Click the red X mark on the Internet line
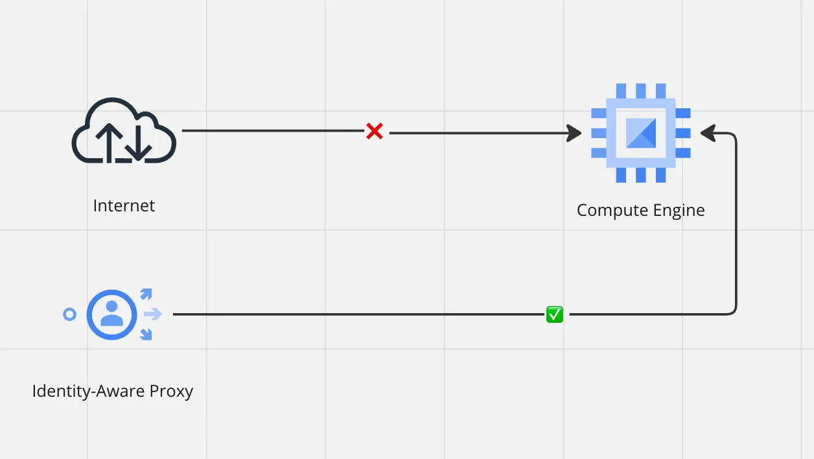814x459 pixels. pos(375,131)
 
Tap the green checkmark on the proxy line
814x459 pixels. pos(555,314)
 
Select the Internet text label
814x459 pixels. pos(124,206)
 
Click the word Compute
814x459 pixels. pos(612,211)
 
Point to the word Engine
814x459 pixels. pos(679,211)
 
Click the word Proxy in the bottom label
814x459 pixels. pos(171,392)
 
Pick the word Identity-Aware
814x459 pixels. pos(88,392)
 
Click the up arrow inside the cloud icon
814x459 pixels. pos(109,143)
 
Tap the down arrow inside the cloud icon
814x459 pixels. pos(139,142)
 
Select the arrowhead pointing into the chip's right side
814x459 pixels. pos(708,133)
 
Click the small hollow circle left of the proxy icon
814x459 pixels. pos(69,314)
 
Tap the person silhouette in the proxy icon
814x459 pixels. pos(111,313)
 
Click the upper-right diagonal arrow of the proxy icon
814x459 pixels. pos(146,294)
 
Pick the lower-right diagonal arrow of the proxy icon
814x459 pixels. pos(146,335)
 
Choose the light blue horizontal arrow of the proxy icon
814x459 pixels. pos(153,314)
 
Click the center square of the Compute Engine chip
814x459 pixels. pos(641,133)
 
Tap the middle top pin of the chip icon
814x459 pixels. pos(641,91)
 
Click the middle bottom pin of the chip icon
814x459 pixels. pos(641,175)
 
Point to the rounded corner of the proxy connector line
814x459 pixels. pos(733,311)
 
